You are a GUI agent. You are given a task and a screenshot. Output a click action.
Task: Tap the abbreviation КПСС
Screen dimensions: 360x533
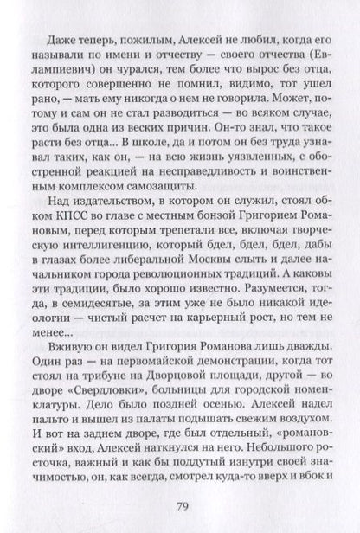82,231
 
